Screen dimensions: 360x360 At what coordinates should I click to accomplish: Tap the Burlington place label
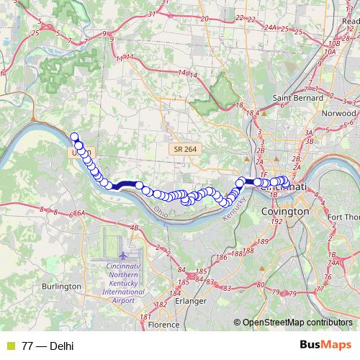pos(61,286)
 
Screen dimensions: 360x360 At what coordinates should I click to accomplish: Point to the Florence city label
pos(163,325)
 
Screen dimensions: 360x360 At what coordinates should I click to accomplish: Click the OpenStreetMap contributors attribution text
pos(297,322)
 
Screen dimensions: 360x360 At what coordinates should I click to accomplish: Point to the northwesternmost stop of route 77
pos(73,137)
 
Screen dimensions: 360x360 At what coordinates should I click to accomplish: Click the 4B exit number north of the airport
pos(133,228)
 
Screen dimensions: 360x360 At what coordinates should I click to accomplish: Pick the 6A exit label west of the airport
pos(81,213)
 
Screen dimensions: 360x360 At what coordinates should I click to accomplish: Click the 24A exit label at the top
pos(270,27)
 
